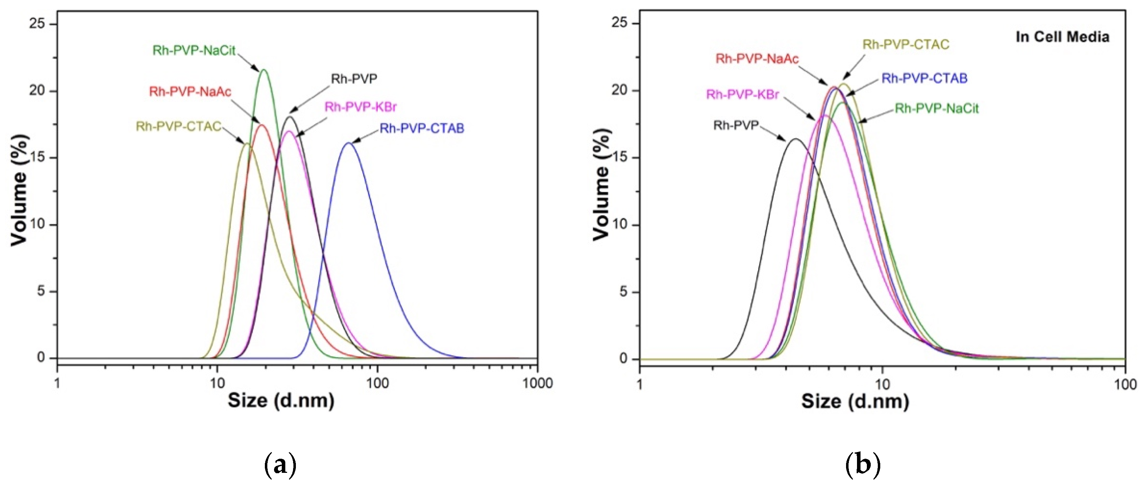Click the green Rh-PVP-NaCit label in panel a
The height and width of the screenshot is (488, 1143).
click(194, 50)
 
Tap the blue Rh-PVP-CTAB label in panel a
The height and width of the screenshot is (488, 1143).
click(422, 129)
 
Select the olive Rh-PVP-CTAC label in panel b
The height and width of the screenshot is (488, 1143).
click(906, 45)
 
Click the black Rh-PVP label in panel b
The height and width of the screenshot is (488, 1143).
click(736, 126)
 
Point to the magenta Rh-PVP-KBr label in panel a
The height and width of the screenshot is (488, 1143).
click(360, 107)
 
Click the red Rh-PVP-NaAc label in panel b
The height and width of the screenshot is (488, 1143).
click(757, 59)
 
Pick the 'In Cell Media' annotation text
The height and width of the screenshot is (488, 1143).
click(1062, 37)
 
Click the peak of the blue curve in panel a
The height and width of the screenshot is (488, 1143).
click(348, 143)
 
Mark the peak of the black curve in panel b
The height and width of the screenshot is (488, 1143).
click(795, 139)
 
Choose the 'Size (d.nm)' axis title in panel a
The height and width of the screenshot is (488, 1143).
click(281, 401)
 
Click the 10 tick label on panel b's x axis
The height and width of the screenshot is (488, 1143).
click(882, 384)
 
